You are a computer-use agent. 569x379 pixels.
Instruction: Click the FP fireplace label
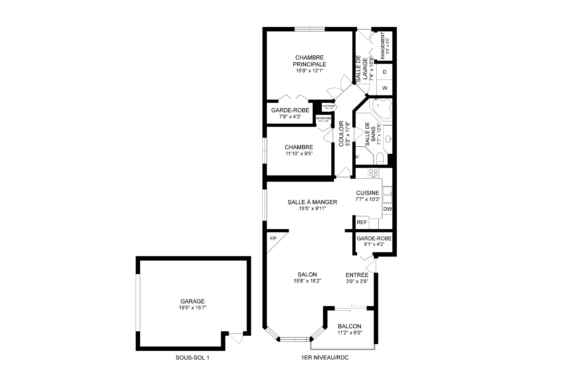point(273,238)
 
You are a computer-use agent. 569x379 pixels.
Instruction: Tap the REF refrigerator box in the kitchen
point(362,222)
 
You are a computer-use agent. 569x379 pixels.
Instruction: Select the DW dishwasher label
point(387,209)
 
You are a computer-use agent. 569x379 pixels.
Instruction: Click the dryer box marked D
point(385,72)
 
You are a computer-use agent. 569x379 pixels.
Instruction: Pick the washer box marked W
point(385,88)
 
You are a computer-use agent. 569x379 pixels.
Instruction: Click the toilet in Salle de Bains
point(380,158)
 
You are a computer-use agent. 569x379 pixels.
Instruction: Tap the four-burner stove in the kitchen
point(373,173)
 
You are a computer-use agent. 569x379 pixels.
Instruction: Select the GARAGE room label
point(193,301)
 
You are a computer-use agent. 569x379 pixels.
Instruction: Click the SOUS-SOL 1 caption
point(192,358)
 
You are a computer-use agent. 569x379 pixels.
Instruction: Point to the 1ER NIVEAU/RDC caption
point(325,358)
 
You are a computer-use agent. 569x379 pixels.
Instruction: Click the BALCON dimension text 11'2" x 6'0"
point(350,332)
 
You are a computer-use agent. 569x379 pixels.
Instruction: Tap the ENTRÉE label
point(357,275)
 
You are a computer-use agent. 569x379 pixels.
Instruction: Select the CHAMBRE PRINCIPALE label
point(309,61)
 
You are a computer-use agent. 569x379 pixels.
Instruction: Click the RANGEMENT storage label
point(383,46)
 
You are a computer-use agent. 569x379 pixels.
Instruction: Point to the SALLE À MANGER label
point(312,202)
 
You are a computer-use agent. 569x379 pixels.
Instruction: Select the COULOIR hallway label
point(341,133)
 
